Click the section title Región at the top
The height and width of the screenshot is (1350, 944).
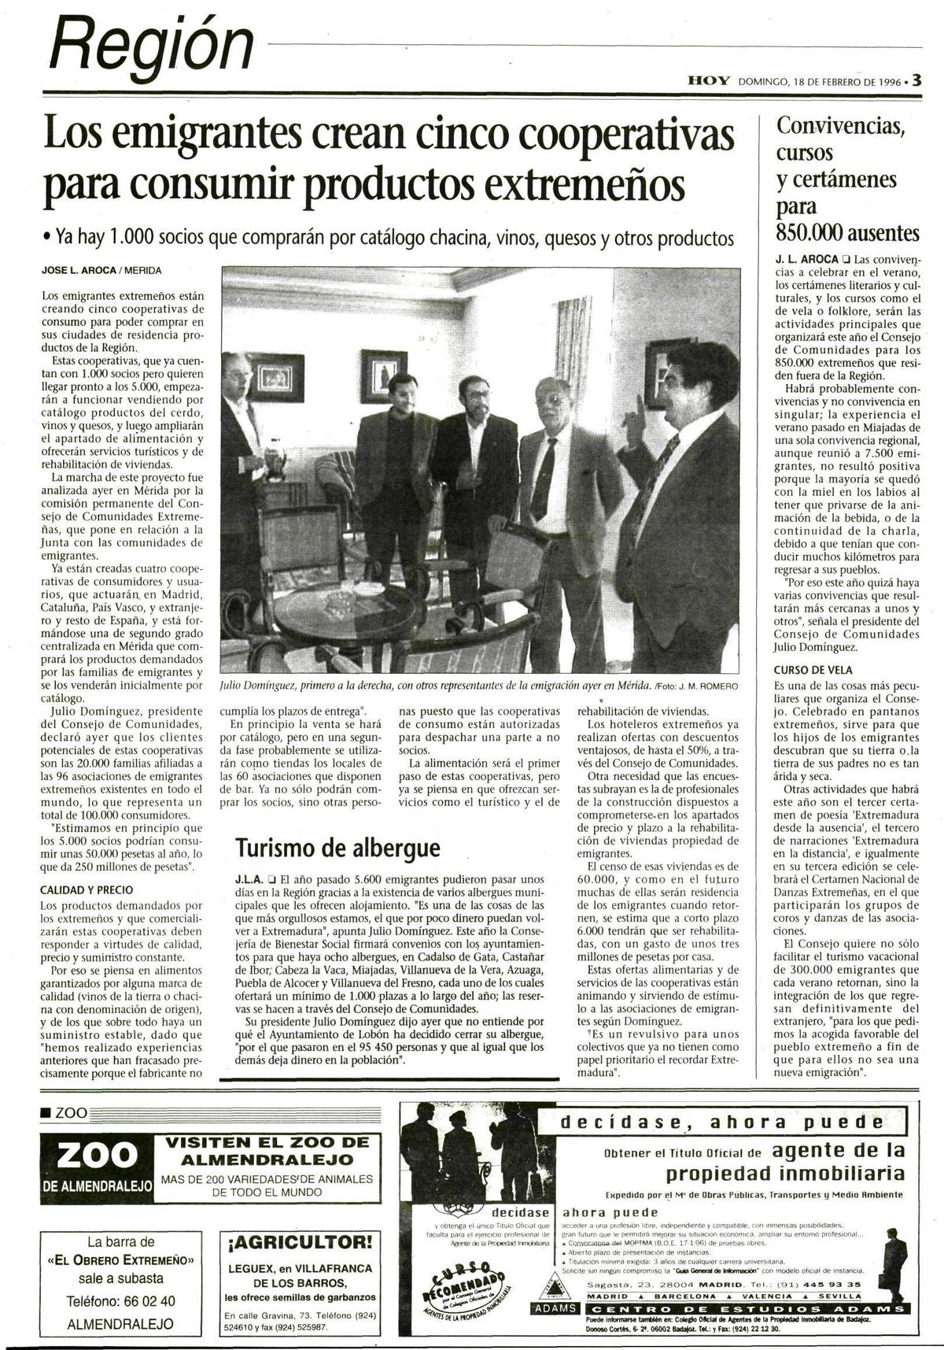pos(152,46)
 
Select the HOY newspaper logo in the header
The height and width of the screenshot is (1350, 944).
pos(709,80)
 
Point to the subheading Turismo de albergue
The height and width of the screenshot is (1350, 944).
pos(337,848)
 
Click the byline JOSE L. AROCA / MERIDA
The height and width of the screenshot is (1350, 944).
pos(101,271)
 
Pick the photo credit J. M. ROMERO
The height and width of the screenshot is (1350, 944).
pos(710,686)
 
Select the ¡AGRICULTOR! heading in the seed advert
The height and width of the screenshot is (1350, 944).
pos(299,1243)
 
